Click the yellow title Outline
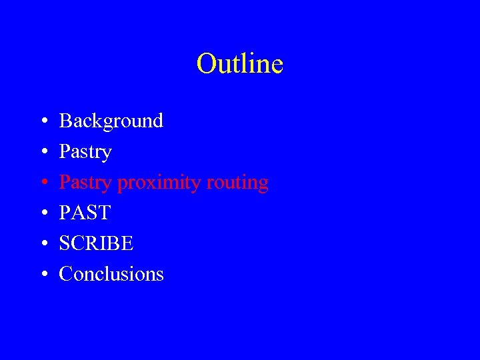(240, 64)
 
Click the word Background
(111, 121)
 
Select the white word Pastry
(85, 152)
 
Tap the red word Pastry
(85, 183)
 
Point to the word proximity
(159, 183)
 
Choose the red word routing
(237, 183)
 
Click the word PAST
(85, 213)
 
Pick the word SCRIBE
(97, 244)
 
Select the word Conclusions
(111, 274)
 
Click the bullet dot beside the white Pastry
(43, 153)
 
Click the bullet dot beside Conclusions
(43, 275)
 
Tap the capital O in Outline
(205, 64)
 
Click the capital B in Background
(65, 121)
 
